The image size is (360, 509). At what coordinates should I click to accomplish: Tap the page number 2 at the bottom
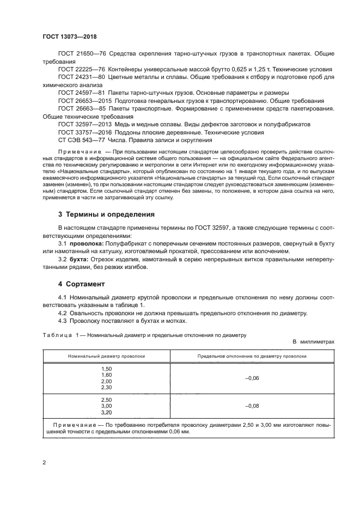pyautogui.click(x=45, y=463)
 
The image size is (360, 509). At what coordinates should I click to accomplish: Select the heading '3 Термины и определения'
pyautogui.click(x=106, y=214)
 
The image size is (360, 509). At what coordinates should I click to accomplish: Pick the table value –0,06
pyautogui.click(x=251, y=378)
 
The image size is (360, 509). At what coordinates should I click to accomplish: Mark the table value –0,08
pyautogui.click(x=251, y=406)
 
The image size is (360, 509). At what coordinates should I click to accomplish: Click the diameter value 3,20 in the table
pyautogui.click(x=106, y=413)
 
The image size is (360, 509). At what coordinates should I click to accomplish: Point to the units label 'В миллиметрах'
pyautogui.click(x=313, y=341)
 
